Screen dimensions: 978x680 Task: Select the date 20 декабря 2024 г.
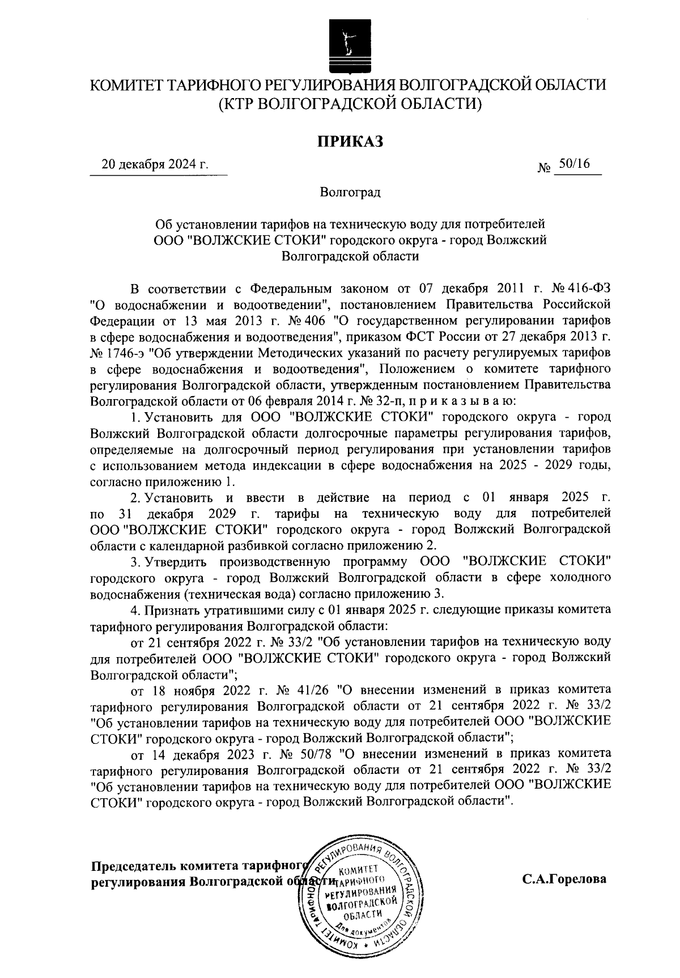(155, 166)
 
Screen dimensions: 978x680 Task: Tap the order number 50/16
(573, 164)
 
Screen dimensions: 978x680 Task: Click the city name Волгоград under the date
(350, 192)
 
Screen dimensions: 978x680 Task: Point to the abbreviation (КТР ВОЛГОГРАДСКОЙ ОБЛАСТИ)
(350, 104)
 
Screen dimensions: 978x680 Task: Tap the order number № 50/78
(311, 754)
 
